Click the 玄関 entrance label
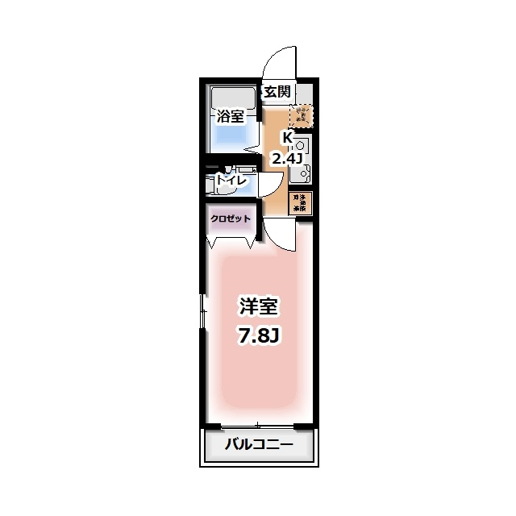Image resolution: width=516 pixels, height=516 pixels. pyautogui.click(x=277, y=92)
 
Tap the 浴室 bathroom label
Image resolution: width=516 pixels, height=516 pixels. pyautogui.click(x=230, y=116)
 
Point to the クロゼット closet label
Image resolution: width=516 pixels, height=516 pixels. pyautogui.click(x=231, y=218)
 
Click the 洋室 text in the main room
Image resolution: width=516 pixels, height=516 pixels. pyautogui.click(x=258, y=306)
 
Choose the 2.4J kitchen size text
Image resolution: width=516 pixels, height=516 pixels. pyautogui.click(x=286, y=158)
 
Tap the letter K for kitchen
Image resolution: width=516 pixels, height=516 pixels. pyautogui.click(x=286, y=138)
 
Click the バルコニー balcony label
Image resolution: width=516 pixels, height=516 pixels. pyautogui.click(x=257, y=444)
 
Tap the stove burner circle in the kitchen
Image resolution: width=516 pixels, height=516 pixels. pyautogui.click(x=302, y=146)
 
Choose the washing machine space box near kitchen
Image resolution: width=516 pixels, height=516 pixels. pyautogui.click(x=300, y=202)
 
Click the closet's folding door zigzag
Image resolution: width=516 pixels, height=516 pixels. pyautogui.click(x=231, y=240)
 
